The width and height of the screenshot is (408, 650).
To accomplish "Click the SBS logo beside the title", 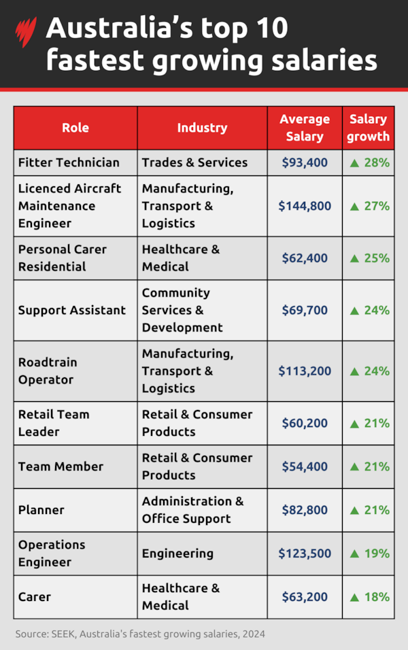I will [x=26, y=33].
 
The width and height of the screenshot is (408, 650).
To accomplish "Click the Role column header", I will [x=75, y=128].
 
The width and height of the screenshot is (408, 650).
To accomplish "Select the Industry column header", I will [x=202, y=128].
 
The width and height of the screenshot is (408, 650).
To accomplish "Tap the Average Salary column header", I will [x=305, y=128].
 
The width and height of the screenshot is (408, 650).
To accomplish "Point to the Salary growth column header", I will [x=368, y=128].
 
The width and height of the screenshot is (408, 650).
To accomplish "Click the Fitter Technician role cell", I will [x=69, y=162].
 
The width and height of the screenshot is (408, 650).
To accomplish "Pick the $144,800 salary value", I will [x=305, y=206].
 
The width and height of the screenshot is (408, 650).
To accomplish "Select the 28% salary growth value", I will [x=369, y=162].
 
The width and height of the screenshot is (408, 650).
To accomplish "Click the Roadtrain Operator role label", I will [x=48, y=371].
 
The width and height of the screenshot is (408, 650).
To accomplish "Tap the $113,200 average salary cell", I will [x=305, y=371].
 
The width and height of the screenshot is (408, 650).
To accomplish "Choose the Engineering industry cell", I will [x=177, y=553].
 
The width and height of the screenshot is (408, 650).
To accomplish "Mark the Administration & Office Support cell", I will [x=192, y=510].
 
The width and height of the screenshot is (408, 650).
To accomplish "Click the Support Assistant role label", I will [x=72, y=310].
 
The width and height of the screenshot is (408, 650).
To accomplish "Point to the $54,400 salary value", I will [x=305, y=466].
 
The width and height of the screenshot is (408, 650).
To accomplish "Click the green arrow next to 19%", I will [x=354, y=553].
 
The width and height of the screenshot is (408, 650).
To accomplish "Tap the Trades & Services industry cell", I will [x=194, y=162].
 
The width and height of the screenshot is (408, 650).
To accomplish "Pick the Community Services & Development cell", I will [x=182, y=310].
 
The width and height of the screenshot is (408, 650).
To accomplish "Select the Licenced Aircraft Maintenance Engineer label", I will [x=69, y=206].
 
